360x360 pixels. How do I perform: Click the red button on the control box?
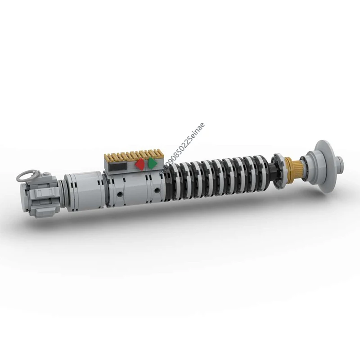[140, 165]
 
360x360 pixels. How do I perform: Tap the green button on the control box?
[153, 163]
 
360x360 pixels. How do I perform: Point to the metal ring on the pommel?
[27, 174]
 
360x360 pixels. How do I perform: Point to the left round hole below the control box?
[120, 194]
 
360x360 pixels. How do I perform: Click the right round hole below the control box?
[156, 191]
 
